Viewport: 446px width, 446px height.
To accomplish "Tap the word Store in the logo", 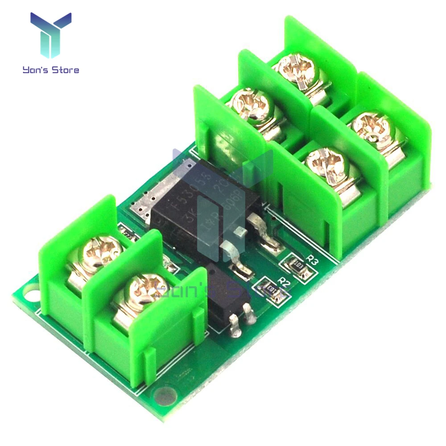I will [x=65, y=70].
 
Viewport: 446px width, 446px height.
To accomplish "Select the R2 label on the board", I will [x=284, y=281].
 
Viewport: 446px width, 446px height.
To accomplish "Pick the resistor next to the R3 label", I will [x=297, y=266].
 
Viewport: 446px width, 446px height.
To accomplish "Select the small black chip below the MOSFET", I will [x=223, y=292].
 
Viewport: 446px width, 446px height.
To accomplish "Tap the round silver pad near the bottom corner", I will [x=165, y=395].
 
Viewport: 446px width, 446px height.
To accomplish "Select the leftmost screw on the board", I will [x=97, y=253].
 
